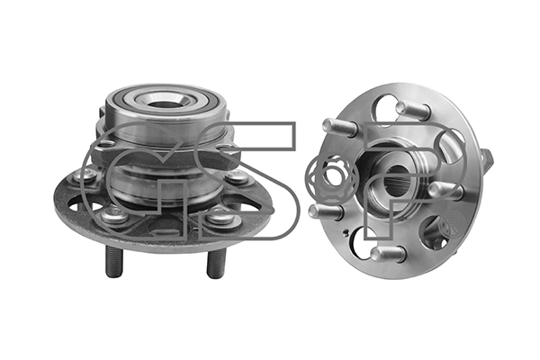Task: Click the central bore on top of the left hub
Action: click(x=162, y=103)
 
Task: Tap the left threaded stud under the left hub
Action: click(x=114, y=262)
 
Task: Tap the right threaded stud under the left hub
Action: click(x=216, y=263)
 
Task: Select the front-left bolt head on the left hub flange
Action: click(x=114, y=216)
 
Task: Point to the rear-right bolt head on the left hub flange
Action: click(x=236, y=176)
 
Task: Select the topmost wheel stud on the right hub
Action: click(x=412, y=110)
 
